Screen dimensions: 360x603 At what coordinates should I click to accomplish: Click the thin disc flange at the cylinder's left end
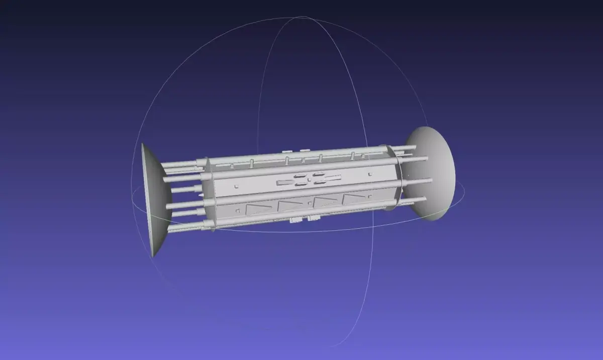coord(208,194)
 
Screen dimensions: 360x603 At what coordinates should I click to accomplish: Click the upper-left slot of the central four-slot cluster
coord(299,176)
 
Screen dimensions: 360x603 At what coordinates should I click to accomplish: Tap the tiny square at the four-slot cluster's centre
coord(309,179)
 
